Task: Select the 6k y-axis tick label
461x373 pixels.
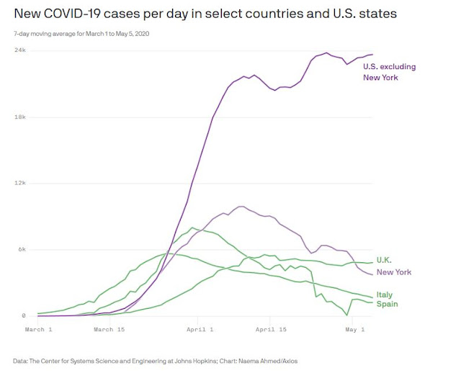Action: tap(22, 249)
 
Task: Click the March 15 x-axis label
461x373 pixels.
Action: tap(110, 329)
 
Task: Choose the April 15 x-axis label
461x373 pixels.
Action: tap(272, 329)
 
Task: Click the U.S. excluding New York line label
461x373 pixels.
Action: tap(389, 71)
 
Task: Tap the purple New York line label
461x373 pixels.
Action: tap(395, 272)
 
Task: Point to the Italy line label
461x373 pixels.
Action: tap(385, 295)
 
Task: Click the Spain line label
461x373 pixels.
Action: tap(387, 304)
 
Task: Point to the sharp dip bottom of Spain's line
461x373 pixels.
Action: tap(347, 315)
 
